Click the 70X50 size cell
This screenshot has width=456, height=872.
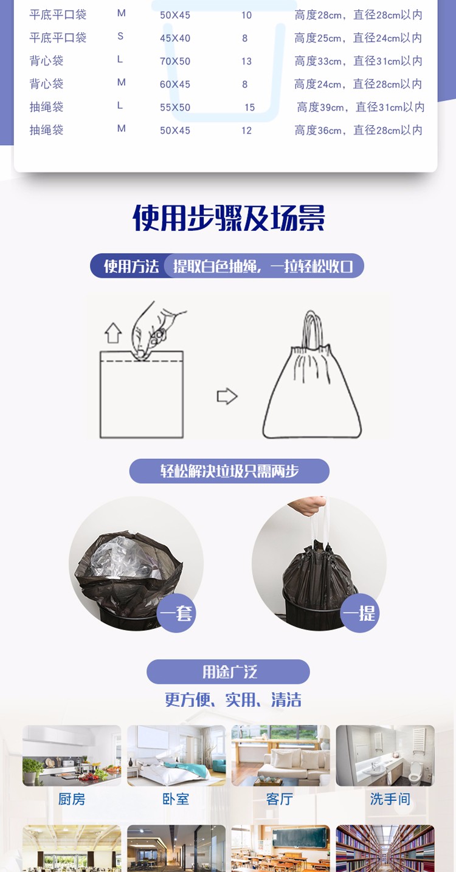(x=175, y=61)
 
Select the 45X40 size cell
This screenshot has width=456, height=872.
(x=175, y=38)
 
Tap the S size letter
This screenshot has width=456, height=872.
(x=120, y=36)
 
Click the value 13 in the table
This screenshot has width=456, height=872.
(x=246, y=61)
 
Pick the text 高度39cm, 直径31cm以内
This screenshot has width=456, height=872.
(x=361, y=107)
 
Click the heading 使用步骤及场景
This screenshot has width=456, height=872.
(x=229, y=218)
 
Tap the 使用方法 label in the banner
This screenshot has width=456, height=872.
(x=131, y=266)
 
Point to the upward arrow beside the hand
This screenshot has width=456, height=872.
(x=113, y=333)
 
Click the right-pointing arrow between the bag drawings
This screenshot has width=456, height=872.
(x=227, y=396)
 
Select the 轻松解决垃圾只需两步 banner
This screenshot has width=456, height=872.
(x=229, y=471)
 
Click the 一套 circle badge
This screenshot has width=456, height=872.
(x=176, y=613)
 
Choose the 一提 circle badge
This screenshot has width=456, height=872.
(x=359, y=613)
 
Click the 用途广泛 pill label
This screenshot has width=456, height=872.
(x=228, y=671)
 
